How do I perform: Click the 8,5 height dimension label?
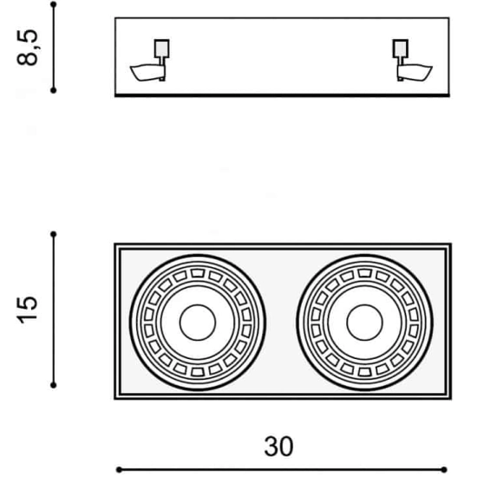tap(28, 48)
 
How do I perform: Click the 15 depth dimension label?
tap(28, 310)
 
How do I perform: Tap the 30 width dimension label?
tap(278, 447)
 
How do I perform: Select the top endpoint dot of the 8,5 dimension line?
tap(54, 4)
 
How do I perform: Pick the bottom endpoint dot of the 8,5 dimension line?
tap(54, 90)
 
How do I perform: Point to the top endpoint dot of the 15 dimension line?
tap(54, 234)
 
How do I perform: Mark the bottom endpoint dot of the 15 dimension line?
tap(54, 385)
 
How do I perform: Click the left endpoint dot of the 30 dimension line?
tap(119, 470)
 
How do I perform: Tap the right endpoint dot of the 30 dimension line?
tap(444, 470)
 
